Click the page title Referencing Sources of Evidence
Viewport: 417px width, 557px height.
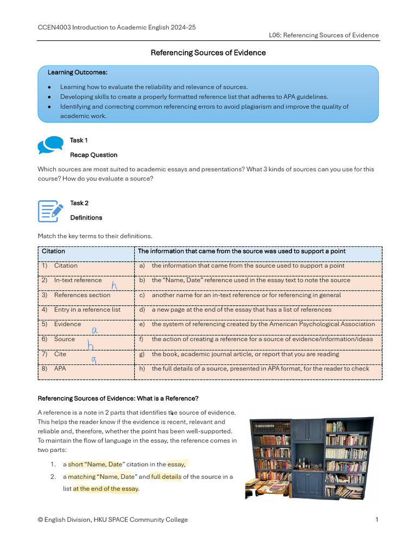point(208,53)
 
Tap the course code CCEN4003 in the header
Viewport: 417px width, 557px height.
point(54,27)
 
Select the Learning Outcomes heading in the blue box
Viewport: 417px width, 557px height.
point(77,72)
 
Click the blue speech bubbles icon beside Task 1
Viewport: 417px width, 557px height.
point(50,145)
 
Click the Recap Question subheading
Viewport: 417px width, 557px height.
point(93,155)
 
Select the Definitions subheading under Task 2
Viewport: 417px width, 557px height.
point(86,218)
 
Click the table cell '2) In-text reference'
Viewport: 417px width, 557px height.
point(78,280)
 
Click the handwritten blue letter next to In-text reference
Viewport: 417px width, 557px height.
point(114,286)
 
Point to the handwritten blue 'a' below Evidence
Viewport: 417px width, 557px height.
point(94,329)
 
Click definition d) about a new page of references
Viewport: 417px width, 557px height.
point(241,310)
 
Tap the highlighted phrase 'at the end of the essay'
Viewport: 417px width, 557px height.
point(106,488)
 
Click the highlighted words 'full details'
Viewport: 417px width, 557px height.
point(166,476)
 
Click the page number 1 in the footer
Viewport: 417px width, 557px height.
point(376,519)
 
